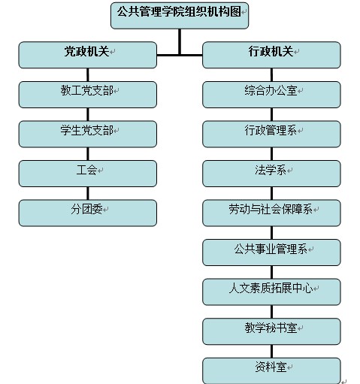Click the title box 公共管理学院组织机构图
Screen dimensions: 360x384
[180, 16]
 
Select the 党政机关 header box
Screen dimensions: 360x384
[88, 55]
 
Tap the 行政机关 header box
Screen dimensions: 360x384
[271, 55]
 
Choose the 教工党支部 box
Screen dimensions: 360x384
[88, 95]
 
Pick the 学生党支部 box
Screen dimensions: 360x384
[88, 134]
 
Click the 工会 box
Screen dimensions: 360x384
[88, 174]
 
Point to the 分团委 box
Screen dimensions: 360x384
[88, 213]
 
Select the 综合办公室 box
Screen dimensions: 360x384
[271, 95]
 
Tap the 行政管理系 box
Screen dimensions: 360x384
[271, 134]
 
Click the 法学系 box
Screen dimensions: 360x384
[271, 174]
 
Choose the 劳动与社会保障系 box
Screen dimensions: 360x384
[271, 213]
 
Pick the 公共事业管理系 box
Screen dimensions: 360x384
[271, 252]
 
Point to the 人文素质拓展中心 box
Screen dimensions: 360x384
[271, 292]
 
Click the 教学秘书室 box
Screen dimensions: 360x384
[271, 331]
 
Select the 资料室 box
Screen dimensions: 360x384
[271, 370]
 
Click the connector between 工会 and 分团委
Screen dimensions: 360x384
[88, 193]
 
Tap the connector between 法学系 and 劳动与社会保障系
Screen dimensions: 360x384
[271, 193]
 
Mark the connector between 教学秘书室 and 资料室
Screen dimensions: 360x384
[271, 351]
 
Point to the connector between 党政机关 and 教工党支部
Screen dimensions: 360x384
[88, 74]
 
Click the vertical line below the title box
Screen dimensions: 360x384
[180, 42]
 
